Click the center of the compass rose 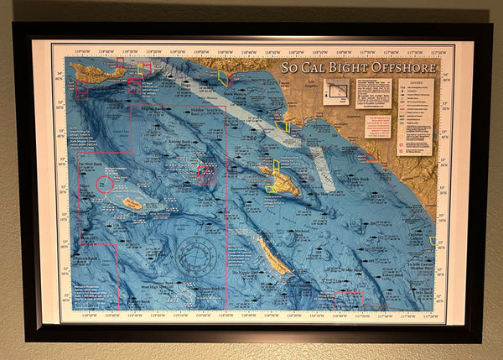(197, 253)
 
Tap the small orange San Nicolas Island (132, 203)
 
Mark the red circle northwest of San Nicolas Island (106, 184)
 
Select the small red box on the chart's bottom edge (349, 300)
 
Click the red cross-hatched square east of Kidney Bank (206, 175)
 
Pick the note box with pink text (377, 127)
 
